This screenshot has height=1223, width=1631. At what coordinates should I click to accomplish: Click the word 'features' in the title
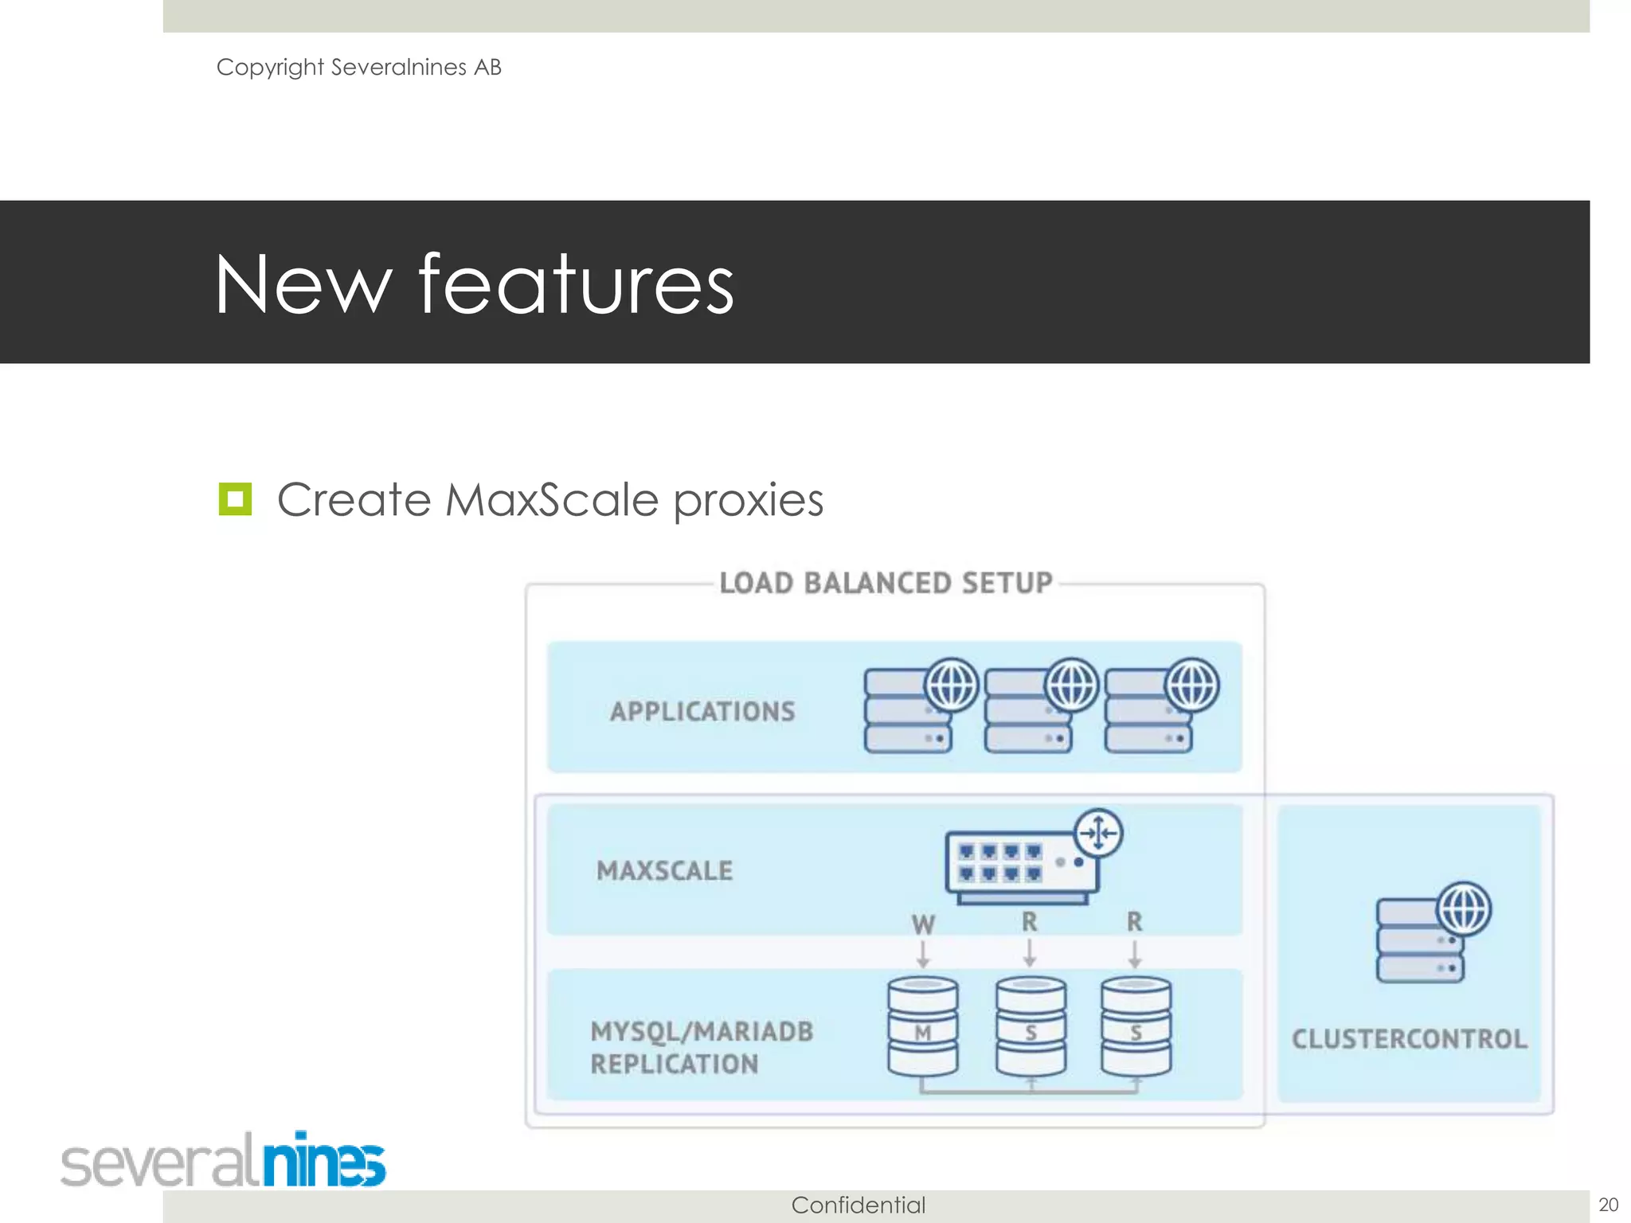(575, 284)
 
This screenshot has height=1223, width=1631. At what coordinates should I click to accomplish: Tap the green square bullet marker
(235, 499)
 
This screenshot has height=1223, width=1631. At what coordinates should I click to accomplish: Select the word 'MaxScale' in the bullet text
(551, 500)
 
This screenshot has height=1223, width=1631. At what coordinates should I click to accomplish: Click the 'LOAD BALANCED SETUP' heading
(886, 583)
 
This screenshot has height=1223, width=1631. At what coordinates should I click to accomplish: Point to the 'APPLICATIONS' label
(702, 711)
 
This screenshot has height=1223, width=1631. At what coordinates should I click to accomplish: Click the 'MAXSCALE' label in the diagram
(664, 870)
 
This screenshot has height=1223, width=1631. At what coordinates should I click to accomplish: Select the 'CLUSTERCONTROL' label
(1409, 1038)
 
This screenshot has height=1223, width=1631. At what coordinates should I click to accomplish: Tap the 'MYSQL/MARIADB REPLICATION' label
(701, 1047)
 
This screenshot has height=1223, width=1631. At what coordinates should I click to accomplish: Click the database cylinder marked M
(923, 1027)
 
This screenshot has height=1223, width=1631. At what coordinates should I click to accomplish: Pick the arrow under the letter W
(923, 954)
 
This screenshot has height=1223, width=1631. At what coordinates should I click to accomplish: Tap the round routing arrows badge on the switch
(1098, 833)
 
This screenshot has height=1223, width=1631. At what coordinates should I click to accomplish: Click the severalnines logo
(223, 1161)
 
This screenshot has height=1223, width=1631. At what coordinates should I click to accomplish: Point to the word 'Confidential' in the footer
(858, 1205)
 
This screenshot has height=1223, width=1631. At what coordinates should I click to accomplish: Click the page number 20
(1608, 1205)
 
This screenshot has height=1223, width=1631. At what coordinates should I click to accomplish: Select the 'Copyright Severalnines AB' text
(358, 67)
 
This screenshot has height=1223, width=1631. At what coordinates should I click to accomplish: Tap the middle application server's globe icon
(1071, 685)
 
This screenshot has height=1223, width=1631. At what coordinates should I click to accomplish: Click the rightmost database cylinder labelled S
(1136, 1027)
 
